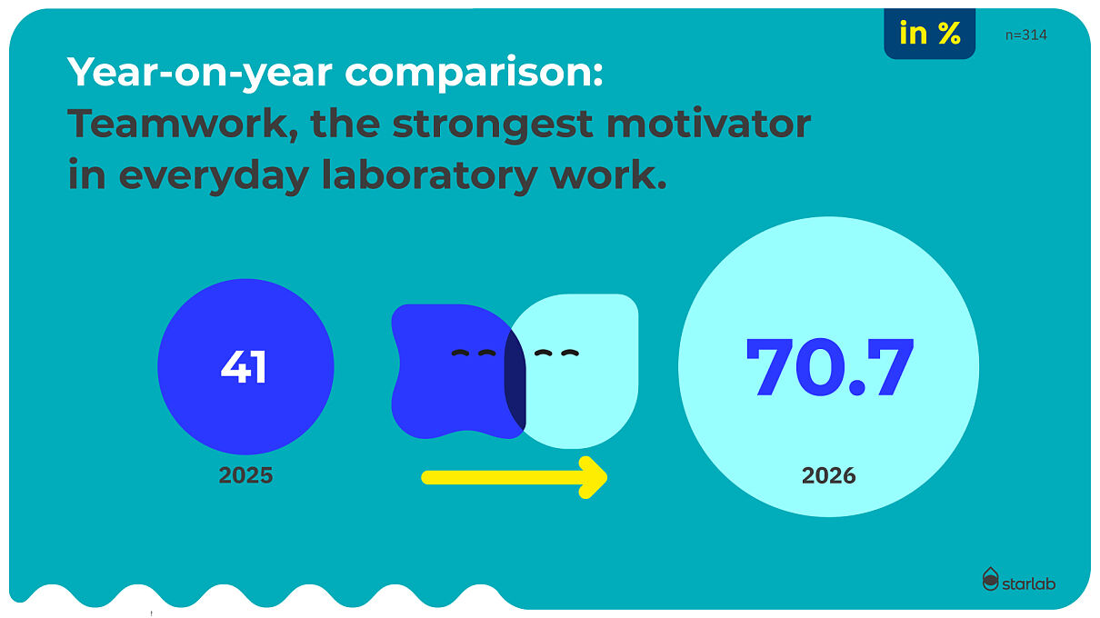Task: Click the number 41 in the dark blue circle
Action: pos(244,366)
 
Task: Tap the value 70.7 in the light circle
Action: pos(829,366)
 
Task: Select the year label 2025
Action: pos(245,475)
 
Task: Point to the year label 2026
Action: pos(828,475)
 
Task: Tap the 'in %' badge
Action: pos(930,34)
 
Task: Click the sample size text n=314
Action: pos(1025,35)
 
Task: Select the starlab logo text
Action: pos(1028,583)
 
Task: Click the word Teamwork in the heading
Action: pos(183,124)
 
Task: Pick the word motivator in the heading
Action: pos(708,124)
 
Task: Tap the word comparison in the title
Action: pos(474,72)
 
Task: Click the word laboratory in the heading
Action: pos(429,175)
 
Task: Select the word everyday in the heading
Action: pos(214,175)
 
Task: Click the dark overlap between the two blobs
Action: pos(515,380)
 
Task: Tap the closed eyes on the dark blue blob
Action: pos(474,353)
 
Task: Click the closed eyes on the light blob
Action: pos(556,353)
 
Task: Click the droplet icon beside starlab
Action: pos(991,579)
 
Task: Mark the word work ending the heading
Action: pos(608,175)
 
